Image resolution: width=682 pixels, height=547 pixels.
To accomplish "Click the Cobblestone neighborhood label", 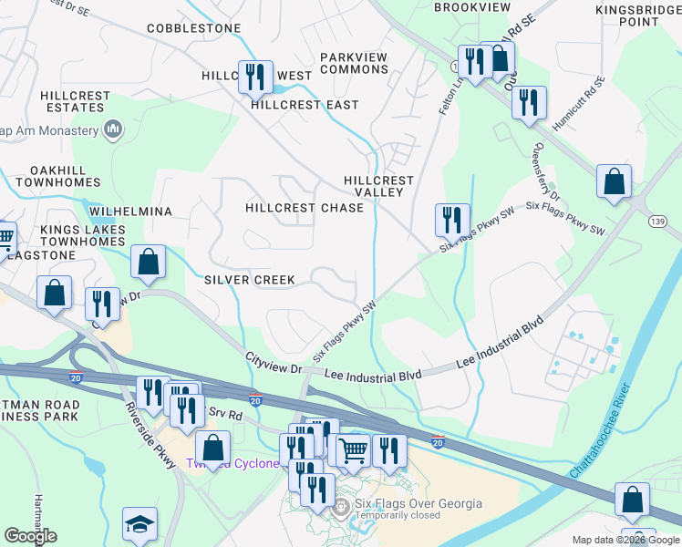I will point(194,28).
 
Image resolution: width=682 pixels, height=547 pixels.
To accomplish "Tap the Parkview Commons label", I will point(354,63).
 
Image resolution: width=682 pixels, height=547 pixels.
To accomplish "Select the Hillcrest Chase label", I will point(305,208).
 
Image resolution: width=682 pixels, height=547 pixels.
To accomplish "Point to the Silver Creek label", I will point(249,279).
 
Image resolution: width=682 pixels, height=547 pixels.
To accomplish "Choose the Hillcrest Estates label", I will point(74,101).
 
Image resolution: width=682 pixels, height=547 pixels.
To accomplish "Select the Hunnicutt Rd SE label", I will point(584,99).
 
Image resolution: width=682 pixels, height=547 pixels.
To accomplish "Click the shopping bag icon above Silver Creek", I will point(148,262).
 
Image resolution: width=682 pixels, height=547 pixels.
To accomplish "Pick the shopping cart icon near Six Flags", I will point(352,449).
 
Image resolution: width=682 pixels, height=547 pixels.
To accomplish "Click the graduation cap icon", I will point(139,523).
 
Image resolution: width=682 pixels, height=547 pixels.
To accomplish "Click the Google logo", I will point(31,536).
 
